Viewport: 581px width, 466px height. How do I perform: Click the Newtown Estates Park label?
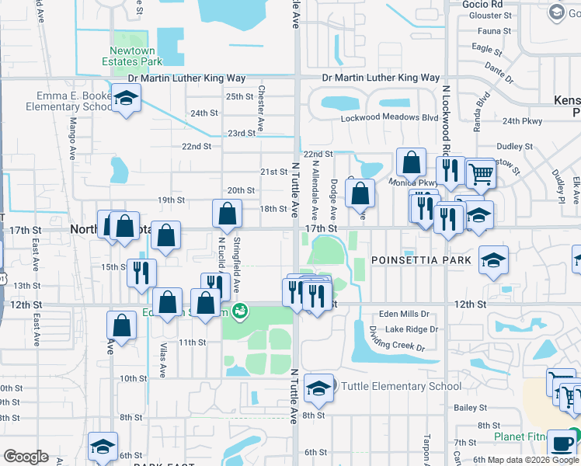pyautogui.click(x=130, y=56)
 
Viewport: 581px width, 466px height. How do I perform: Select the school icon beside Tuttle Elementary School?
pyautogui.click(x=318, y=391)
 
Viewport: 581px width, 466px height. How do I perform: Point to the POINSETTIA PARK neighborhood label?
pyautogui.click(x=421, y=259)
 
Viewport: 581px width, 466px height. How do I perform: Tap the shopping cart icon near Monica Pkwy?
pyautogui.click(x=482, y=175)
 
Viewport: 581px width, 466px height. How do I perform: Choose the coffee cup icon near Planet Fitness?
pyautogui.click(x=561, y=443)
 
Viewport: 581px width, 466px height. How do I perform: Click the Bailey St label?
pyautogui.click(x=471, y=406)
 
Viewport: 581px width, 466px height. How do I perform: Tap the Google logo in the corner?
pyautogui.click(x=25, y=456)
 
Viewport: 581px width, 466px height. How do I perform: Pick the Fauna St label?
pyautogui.click(x=496, y=31)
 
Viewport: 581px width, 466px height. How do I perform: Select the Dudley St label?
pyautogui.click(x=513, y=145)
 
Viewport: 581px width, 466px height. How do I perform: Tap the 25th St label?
pyautogui.click(x=239, y=96)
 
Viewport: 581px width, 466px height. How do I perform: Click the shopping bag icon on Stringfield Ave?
pyautogui.click(x=227, y=214)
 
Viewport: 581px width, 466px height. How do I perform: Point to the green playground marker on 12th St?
pyautogui.click(x=241, y=311)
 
